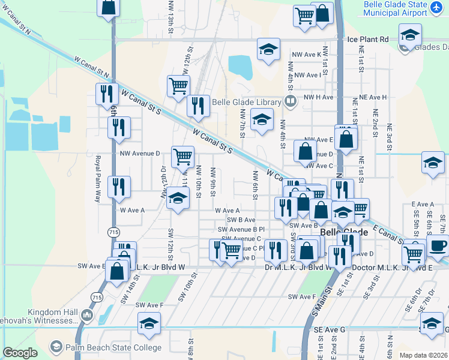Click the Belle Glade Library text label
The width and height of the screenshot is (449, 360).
(247, 101)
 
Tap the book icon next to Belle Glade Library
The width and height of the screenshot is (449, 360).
(291, 101)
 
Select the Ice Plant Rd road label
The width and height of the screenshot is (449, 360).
(368, 39)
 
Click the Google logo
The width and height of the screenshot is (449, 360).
(20, 353)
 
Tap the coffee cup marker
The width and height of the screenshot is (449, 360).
(438, 246)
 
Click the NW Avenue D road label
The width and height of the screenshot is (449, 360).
(140, 154)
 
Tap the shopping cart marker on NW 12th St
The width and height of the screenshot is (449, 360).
(178, 87)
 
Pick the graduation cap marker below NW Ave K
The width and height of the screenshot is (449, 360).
(268, 50)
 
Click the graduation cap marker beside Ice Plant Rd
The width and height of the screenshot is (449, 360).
(410, 35)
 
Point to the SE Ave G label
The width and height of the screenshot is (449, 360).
(330, 330)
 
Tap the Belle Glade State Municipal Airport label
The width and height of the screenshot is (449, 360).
(396, 8)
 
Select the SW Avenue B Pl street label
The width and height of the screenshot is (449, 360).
(241, 229)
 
